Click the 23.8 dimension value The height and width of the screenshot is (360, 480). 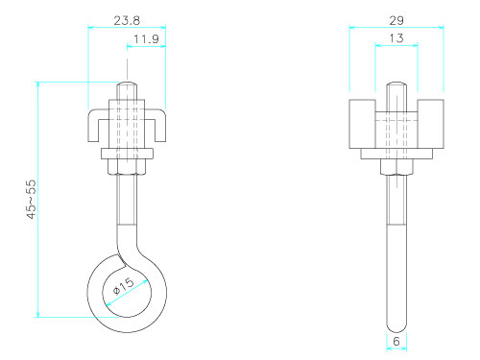click(127, 21)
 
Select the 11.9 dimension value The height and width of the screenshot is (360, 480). click(146, 39)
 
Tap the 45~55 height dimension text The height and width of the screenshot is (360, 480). click(32, 199)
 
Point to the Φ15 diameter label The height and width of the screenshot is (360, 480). click(124, 286)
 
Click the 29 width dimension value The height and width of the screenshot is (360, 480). click(396, 21)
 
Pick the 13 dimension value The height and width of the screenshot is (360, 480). click(396, 38)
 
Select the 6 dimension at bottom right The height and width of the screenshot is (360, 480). click(396, 342)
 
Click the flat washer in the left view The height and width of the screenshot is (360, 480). click(127, 154)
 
